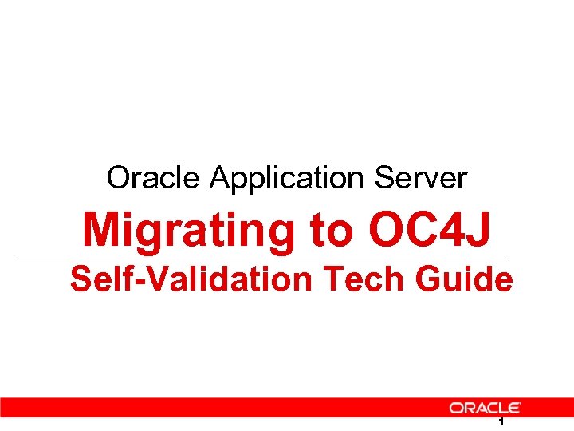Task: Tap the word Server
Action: point(431,177)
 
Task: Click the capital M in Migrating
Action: point(101,230)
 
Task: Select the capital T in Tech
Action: point(328,280)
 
